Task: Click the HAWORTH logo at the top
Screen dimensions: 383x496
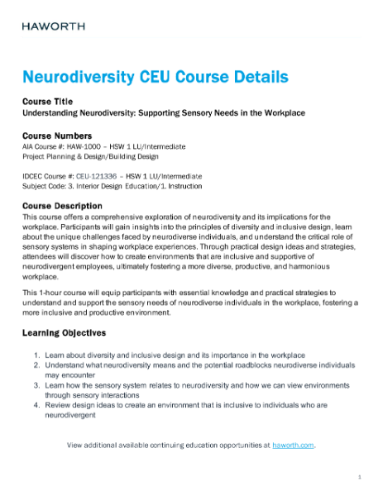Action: click(x=50, y=27)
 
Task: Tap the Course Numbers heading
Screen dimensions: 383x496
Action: click(x=57, y=136)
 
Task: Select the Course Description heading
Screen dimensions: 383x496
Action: click(x=63, y=205)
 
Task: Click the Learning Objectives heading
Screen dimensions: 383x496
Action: click(x=64, y=332)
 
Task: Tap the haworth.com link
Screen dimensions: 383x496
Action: click(x=294, y=445)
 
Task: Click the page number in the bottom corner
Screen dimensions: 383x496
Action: click(x=360, y=478)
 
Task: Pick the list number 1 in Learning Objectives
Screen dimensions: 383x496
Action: click(x=36, y=354)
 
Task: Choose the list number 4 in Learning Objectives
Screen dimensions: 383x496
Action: click(x=36, y=405)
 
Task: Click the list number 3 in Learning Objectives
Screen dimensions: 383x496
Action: click(x=36, y=384)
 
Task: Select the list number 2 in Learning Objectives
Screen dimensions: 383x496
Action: click(x=36, y=364)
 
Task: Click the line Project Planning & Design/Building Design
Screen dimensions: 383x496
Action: click(x=89, y=156)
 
